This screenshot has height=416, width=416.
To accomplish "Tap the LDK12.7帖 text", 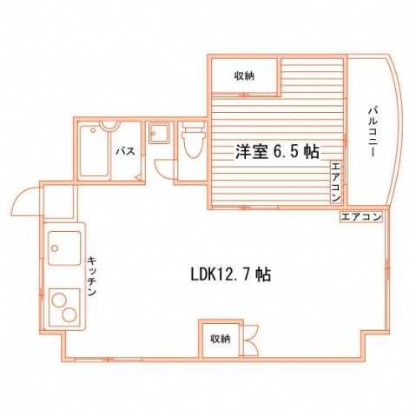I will pyautogui.click(x=231, y=274).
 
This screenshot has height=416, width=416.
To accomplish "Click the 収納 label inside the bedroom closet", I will pyautogui.click(x=244, y=76).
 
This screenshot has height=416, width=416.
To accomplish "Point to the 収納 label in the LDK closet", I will pyautogui.click(x=221, y=339).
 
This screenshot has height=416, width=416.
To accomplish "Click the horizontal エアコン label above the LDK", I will pyautogui.click(x=360, y=216).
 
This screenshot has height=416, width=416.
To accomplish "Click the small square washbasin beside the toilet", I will pyautogui.click(x=159, y=134).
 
